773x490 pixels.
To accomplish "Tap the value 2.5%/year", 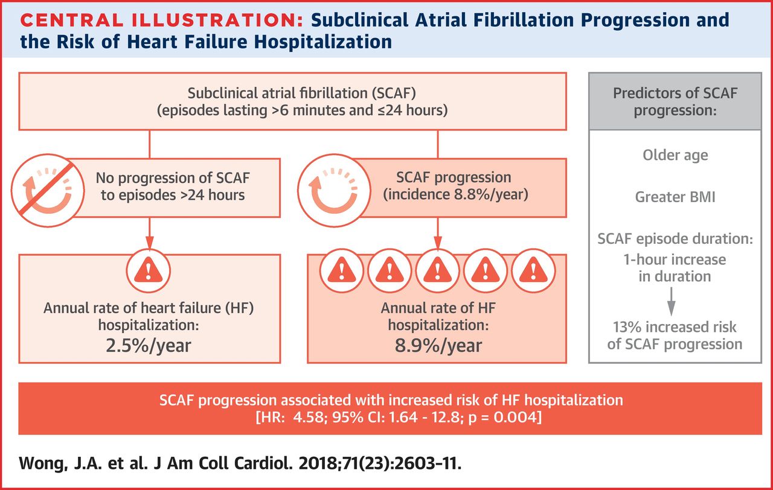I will pos(149,345).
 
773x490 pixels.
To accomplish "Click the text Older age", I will pos(675,155).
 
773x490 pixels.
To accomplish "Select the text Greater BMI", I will pos(675,197).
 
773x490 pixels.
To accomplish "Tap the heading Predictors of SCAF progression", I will pos(675,102).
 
